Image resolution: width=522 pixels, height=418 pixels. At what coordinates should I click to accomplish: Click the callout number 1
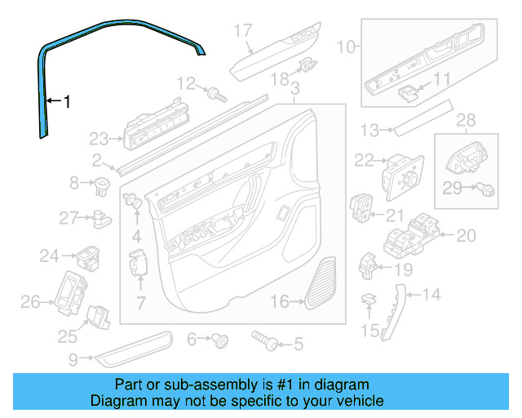coord(67,102)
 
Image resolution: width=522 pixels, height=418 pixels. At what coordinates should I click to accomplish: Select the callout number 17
coord(244,31)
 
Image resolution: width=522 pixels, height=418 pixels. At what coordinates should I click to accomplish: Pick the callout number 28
coord(464,121)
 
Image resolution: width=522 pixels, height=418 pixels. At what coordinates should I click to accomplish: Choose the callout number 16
coord(280,302)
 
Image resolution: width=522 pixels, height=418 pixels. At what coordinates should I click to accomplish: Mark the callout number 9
coord(73,358)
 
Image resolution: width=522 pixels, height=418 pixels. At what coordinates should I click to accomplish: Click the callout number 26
coord(30,303)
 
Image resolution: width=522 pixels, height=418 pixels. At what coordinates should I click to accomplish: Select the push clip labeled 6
coord(219,340)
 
